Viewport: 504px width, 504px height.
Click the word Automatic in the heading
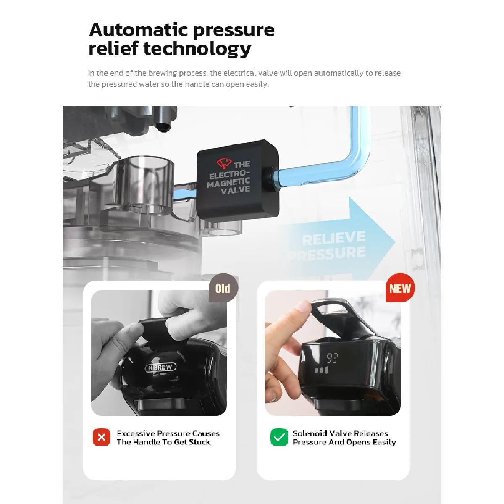point(138,30)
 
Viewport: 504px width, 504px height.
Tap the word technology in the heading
point(197,49)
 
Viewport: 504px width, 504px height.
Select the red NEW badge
point(400,288)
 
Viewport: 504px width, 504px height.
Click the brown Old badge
point(223,288)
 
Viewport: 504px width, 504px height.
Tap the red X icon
point(102,437)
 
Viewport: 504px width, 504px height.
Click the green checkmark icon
point(279,437)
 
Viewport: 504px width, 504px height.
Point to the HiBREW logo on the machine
point(160,367)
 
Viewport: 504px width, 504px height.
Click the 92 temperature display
point(332,358)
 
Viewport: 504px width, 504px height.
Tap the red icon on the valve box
point(224,163)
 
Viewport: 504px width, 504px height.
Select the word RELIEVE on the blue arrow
point(334,238)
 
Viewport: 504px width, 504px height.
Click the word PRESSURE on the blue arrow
point(327,253)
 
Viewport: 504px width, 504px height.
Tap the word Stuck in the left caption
point(199,442)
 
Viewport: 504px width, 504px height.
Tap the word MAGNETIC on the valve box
point(228,182)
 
